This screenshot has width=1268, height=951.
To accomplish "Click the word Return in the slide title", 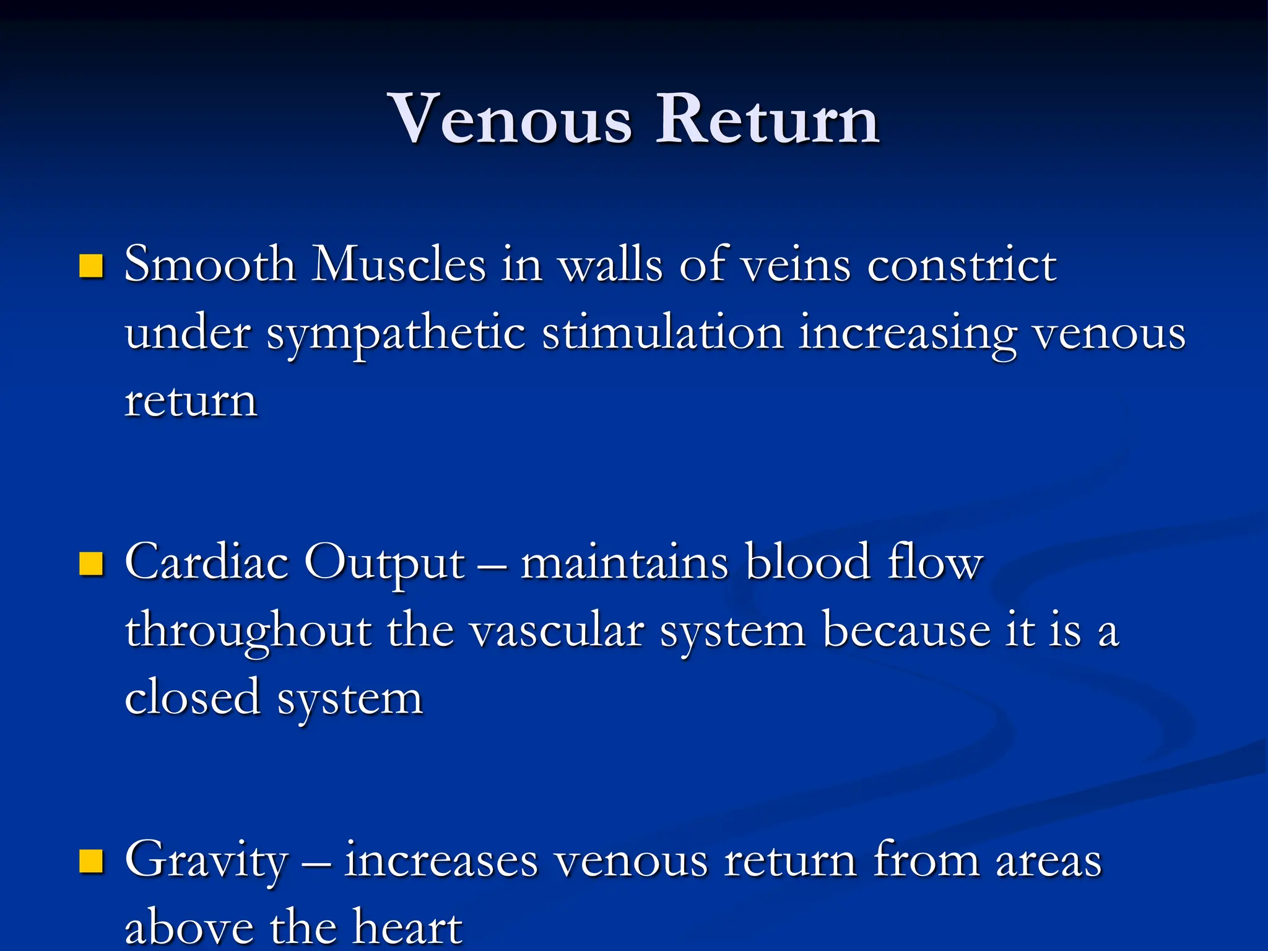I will point(768,119).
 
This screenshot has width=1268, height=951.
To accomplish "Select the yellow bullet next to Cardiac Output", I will point(91,564).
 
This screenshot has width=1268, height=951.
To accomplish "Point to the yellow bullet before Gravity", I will point(91,861).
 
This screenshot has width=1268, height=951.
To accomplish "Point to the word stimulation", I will point(662,333).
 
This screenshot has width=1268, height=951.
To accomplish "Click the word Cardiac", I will point(207,562).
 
